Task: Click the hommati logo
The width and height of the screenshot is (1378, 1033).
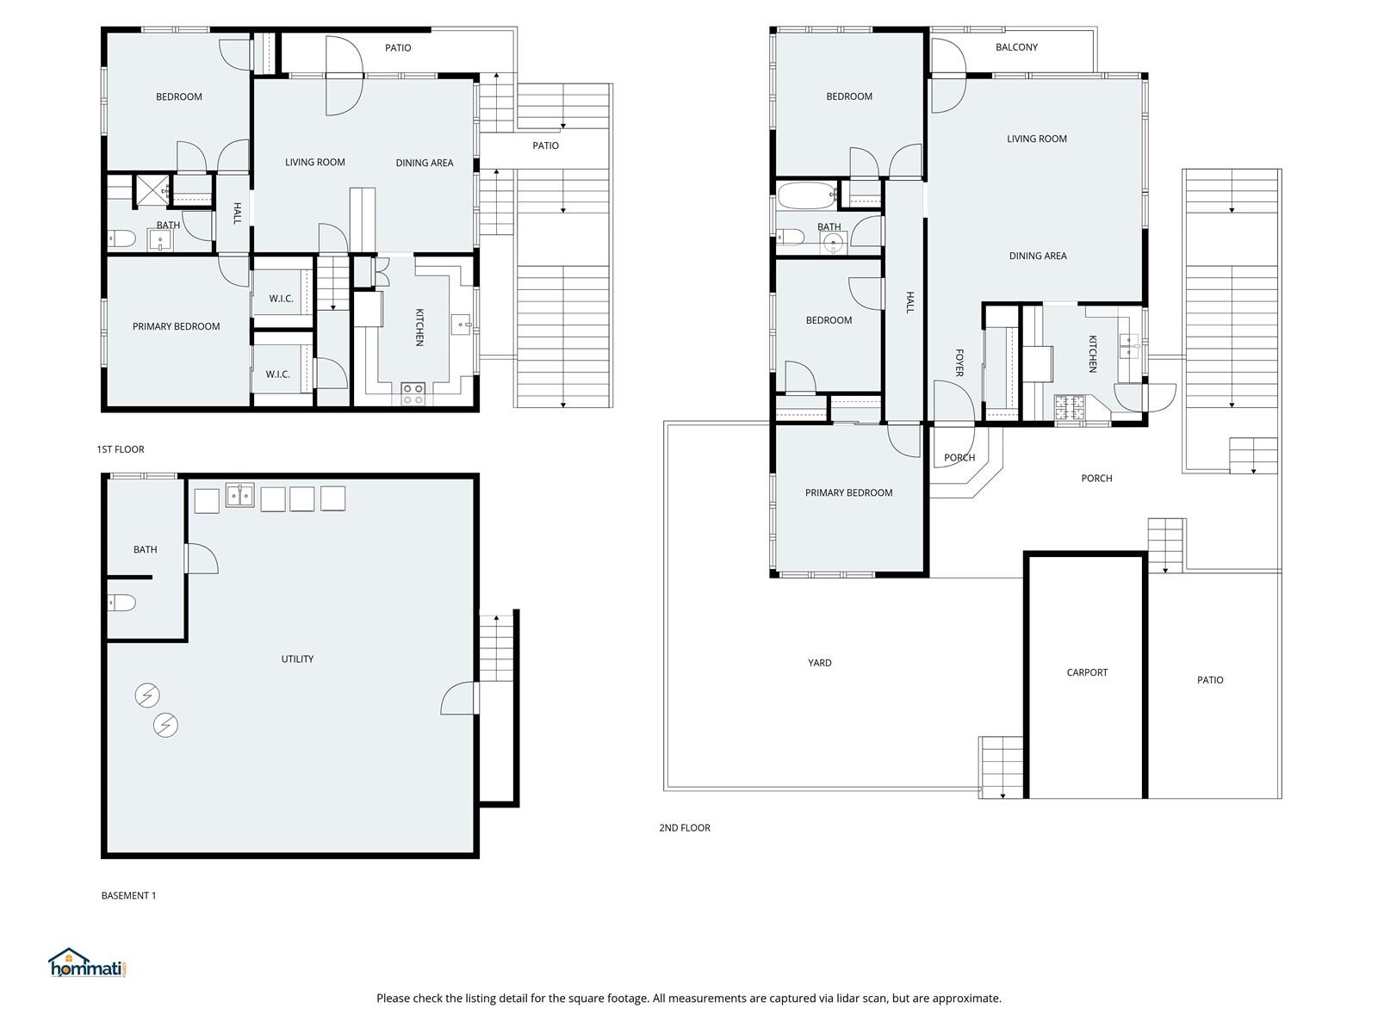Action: tap(87, 962)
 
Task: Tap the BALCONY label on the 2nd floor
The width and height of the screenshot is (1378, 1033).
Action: tap(1016, 47)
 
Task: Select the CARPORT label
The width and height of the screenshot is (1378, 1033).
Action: tap(1087, 672)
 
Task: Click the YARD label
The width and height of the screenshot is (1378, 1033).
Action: tap(819, 662)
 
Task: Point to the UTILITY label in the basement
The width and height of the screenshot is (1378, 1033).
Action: tap(297, 659)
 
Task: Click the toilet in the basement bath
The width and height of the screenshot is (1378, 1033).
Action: tap(121, 603)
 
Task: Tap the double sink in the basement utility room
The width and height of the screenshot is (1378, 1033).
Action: tap(239, 495)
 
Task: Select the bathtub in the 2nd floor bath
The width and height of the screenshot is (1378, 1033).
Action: tap(807, 195)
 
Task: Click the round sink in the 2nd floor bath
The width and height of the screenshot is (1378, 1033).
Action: tap(834, 242)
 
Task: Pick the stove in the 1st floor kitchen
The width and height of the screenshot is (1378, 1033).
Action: tap(413, 394)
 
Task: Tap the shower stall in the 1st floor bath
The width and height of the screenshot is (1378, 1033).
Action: tap(152, 190)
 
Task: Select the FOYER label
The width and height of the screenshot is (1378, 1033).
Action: tap(959, 362)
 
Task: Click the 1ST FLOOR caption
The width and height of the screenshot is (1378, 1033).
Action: tap(121, 449)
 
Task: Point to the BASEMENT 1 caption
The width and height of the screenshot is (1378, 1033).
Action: tap(128, 895)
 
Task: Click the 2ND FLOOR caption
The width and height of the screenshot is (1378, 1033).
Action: tap(685, 828)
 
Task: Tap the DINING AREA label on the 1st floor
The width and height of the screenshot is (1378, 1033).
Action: tap(425, 163)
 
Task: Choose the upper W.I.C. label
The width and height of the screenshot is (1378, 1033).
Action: tap(282, 299)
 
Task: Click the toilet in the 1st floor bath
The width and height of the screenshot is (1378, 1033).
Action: tap(121, 238)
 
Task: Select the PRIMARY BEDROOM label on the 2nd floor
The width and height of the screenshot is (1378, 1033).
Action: tap(849, 493)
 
